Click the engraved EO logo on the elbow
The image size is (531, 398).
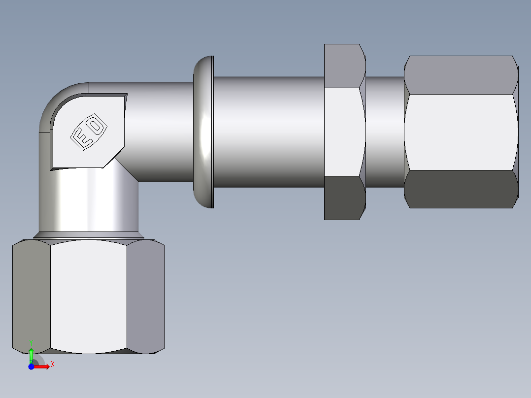point(89,132)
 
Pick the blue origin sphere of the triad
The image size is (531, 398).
point(31,366)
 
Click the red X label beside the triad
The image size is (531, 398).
point(52,365)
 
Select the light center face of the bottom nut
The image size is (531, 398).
point(89,296)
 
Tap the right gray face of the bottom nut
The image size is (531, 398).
point(146,296)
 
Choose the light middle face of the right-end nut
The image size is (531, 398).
point(461,132)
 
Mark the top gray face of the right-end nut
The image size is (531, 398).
point(461,75)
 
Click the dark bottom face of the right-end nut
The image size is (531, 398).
point(461,189)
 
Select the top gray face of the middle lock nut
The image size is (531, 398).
point(344,66)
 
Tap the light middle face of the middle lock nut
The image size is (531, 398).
point(343,132)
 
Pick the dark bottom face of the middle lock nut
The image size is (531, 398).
point(343,198)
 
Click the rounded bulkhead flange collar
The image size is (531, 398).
point(203,132)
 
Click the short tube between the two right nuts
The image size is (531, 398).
point(384,132)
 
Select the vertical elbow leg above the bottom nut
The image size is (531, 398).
point(89,202)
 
